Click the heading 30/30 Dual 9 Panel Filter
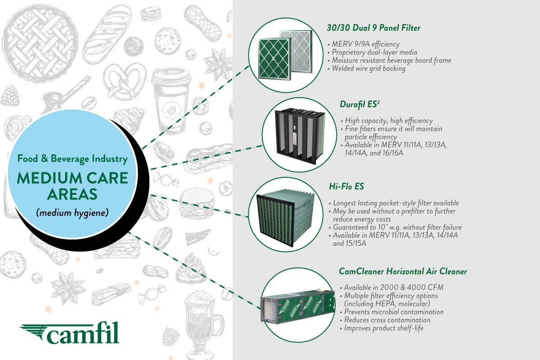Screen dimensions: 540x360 click(373, 28)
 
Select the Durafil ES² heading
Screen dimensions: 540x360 click(360, 104)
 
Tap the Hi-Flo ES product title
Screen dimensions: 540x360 click(346, 186)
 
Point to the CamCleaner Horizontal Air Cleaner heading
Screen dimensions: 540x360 click(403, 271)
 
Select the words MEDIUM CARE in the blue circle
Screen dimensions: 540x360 click(72, 178)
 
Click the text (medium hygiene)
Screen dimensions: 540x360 click(72, 213)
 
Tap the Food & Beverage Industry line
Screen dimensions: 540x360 click(72, 159)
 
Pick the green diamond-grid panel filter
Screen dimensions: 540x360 click(274, 58)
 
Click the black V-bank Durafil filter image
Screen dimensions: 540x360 click(300, 136)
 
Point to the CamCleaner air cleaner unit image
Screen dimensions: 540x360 click(297, 306)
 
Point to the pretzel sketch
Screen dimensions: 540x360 click(125, 81)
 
